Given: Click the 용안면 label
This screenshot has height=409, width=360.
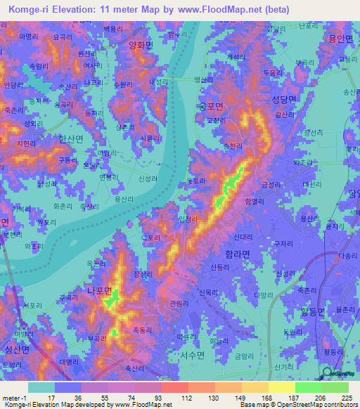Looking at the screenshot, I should [340, 39].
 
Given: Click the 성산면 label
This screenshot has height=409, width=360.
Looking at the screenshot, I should [17, 349].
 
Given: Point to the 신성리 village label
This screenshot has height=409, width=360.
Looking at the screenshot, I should [148, 179].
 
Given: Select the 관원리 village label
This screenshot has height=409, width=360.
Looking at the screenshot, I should [180, 304].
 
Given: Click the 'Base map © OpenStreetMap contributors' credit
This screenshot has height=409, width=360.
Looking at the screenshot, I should [297, 405].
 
